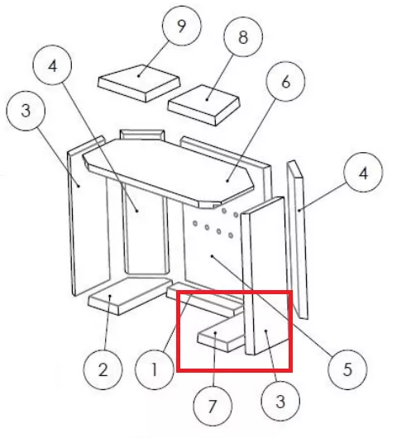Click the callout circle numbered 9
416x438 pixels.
pos(182,26)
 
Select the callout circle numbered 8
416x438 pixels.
pos(243,37)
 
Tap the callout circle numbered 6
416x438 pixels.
pos(285,82)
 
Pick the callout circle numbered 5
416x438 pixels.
pos(347,370)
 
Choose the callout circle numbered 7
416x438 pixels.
pos(213,406)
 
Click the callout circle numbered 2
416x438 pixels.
pos(103,370)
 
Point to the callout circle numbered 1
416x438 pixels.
pos(155,370)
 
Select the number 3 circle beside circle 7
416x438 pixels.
pos(280,401)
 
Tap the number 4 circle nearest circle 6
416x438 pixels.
pos(363,173)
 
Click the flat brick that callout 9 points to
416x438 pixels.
pos(139,83)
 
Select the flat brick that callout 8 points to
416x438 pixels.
pos(204,105)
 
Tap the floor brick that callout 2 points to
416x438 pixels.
pos(129,296)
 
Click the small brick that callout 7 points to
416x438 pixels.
pos(221,336)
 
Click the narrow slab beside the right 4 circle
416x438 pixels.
pos(298,240)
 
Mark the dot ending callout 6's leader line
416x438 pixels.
pos(227,181)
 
